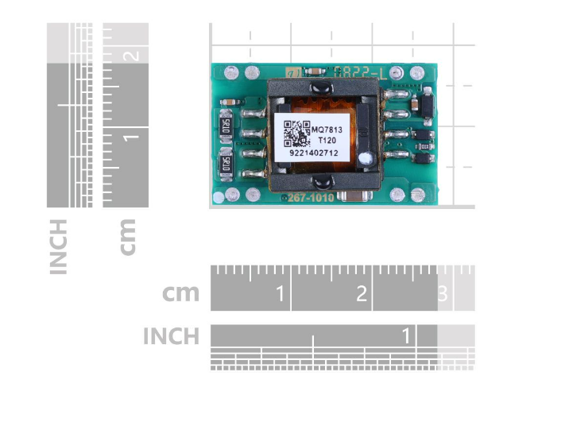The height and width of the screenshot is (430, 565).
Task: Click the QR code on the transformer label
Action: tap(295, 133)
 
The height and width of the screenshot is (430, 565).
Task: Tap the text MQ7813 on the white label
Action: tap(326, 129)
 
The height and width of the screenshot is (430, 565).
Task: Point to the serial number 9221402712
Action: tap(313, 153)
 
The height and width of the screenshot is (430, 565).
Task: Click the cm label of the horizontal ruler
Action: tap(180, 293)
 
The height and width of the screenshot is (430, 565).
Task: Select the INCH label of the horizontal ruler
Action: tap(171, 336)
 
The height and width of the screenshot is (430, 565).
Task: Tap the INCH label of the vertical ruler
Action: tap(58, 246)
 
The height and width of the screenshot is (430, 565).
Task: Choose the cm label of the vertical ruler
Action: tap(127, 236)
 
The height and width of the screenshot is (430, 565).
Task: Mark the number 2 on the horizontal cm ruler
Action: tap(362, 295)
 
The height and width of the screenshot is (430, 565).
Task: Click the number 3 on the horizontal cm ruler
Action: tap(443, 295)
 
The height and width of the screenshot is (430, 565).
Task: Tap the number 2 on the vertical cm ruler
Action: tap(133, 56)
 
